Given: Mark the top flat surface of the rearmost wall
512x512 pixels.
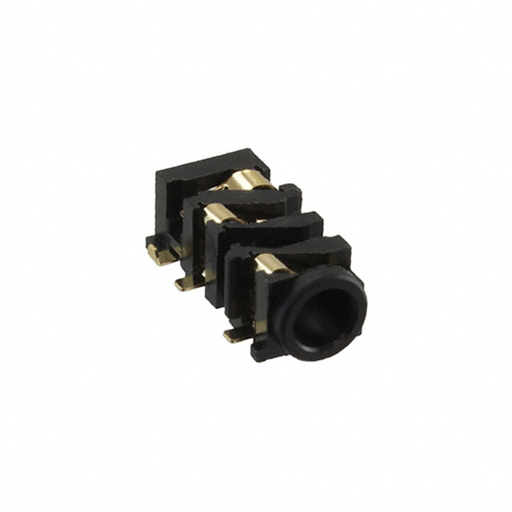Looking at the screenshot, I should coord(212,160).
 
